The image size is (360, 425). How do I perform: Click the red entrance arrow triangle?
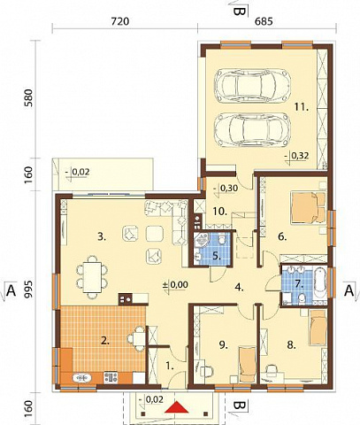177,407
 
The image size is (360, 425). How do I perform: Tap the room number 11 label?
302,108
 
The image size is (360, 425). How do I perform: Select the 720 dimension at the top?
120,21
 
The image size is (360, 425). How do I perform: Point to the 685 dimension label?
264,21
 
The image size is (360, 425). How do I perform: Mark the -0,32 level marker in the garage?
297,156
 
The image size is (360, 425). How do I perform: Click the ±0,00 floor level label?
176,285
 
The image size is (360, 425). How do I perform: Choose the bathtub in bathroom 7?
320,285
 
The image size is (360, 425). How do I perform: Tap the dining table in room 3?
92,277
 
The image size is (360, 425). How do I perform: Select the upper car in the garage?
253,84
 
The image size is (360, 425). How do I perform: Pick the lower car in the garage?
253,128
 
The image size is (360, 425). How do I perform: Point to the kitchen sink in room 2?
81,378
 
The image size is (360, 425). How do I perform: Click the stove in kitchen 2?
111,377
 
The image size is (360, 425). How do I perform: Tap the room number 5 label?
217,256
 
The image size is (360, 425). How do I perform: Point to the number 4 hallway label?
239,287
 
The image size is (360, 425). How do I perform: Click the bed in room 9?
247,365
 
